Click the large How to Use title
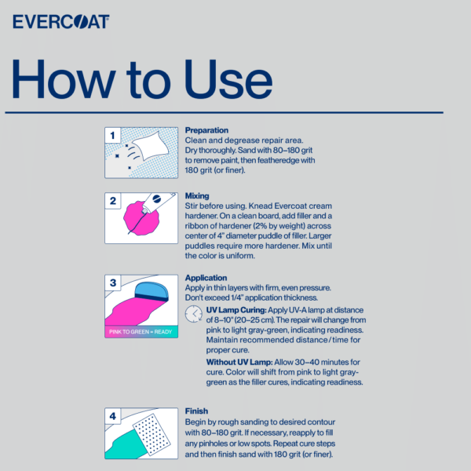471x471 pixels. [142, 79]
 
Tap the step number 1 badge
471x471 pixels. [113, 136]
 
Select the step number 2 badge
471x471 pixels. [113, 201]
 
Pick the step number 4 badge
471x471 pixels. [113, 416]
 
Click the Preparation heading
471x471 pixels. [206, 130]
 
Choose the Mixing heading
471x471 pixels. [197, 195]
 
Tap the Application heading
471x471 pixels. [206, 277]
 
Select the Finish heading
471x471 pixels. [196, 411]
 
